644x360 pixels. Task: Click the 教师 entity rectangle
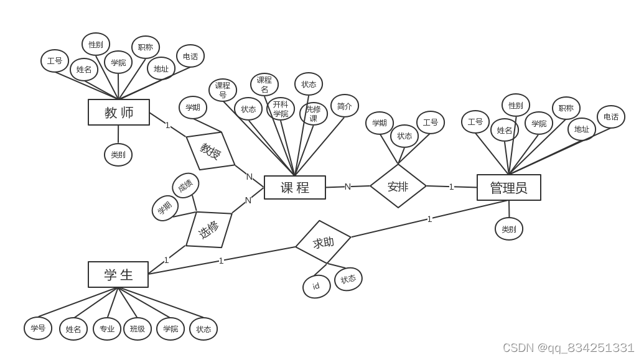click(x=119, y=113)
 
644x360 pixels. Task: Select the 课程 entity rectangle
click(x=295, y=188)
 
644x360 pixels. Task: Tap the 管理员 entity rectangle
click(x=509, y=188)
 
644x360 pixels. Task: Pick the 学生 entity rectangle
click(x=118, y=275)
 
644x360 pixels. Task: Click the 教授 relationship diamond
click(x=211, y=150)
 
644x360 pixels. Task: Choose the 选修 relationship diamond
click(x=209, y=229)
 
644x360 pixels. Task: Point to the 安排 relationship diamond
click(x=398, y=186)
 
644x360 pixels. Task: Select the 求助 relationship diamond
click(x=324, y=242)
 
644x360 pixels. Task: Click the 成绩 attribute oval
click(x=185, y=185)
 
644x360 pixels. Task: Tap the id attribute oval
click(x=317, y=287)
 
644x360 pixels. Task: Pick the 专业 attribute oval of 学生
click(x=107, y=329)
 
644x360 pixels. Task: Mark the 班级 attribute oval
click(x=138, y=329)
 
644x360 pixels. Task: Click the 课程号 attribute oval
click(x=223, y=90)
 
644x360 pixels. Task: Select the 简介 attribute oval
click(x=345, y=106)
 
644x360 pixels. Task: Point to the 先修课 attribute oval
click(x=314, y=114)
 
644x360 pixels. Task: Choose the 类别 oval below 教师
click(x=118, y=155)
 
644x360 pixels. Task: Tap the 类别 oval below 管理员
click(x=509, y=229)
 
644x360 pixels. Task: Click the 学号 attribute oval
click(x=38, y=328)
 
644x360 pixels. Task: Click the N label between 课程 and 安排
click(x=348, y=187)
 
